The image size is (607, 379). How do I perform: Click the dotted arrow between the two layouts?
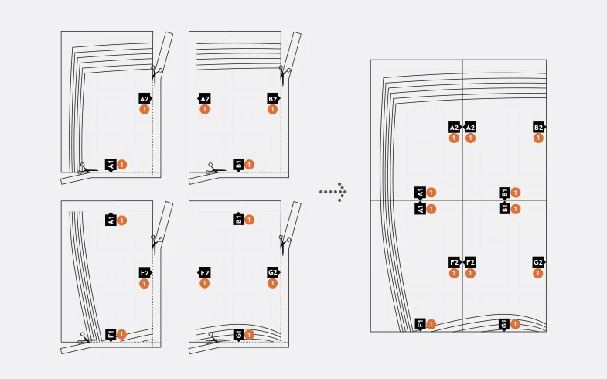point(333,192)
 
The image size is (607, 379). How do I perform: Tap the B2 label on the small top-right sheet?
point(273,99)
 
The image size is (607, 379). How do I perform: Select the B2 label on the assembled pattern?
point(538,128)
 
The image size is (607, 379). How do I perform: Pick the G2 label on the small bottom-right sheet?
point(273,272)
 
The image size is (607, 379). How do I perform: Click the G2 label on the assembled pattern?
point(538,262)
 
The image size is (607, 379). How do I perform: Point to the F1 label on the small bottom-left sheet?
point(111,334)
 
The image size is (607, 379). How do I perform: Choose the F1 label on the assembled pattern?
point(420,323)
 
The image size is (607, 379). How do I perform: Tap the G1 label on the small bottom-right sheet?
point(238,334)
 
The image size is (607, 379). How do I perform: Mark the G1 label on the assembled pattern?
point(504,324)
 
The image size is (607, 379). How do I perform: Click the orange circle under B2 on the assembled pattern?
point(538,138)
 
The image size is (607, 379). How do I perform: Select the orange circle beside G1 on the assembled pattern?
point(515,324)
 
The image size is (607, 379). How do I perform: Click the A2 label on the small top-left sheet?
point(145,99)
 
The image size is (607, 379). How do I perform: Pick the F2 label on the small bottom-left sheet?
point(145,272)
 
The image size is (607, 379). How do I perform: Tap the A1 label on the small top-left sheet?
point(111,165)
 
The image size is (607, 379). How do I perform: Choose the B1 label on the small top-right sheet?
point(238,165)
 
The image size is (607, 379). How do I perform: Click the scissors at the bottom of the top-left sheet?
point(87,169)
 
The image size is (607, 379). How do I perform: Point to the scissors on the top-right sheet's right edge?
point(285,74)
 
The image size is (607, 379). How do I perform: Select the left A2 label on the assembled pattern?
point(454,128)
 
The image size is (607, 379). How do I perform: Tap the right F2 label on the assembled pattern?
point(469,262)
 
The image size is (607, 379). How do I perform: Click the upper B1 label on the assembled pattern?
point(504,193)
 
